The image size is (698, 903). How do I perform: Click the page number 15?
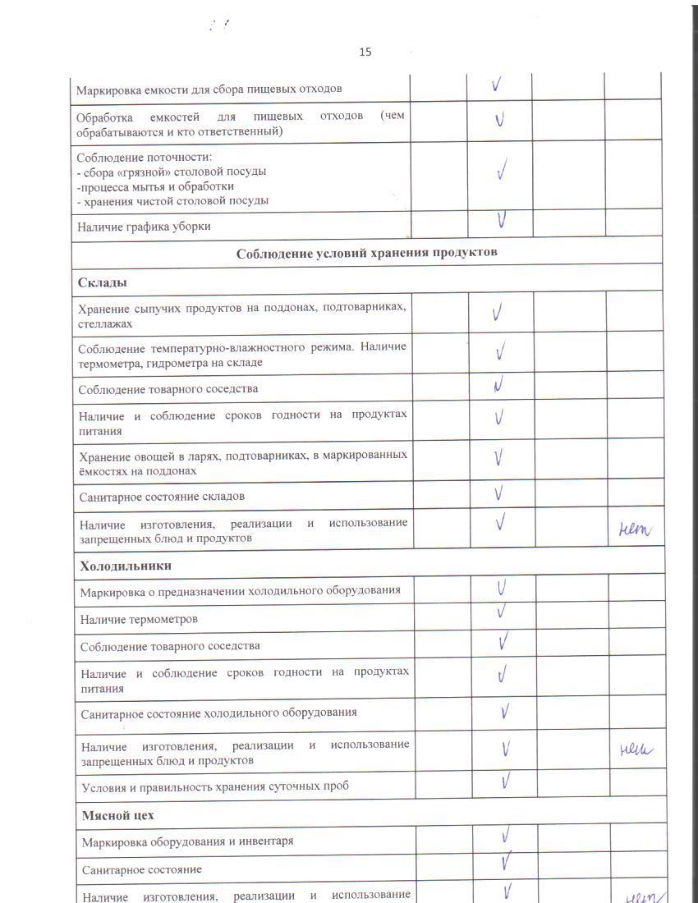[x=365, y=52]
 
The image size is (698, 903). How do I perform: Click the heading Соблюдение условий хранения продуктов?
[x=366, y=252]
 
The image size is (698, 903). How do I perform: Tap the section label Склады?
[x=102, y=282]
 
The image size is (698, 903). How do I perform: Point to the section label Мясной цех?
[x=117, y=815]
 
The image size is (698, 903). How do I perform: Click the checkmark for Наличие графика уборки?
[x=500, y=220]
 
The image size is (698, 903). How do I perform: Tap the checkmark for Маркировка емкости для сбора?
[x=498, y=85]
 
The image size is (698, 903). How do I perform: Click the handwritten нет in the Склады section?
[x=635, y=531]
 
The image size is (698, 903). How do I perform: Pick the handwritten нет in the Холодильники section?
[x=636, y=749]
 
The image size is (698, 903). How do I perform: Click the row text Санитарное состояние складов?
[x=162, y=497]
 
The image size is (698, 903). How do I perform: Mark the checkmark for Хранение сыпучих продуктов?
[x=498, y=312]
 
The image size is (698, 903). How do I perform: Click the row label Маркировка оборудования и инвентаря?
[x=187, y=841]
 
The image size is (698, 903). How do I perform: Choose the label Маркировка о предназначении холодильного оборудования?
[x=240, y=591]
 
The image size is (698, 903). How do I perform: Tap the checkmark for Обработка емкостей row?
[x=499, y=120]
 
